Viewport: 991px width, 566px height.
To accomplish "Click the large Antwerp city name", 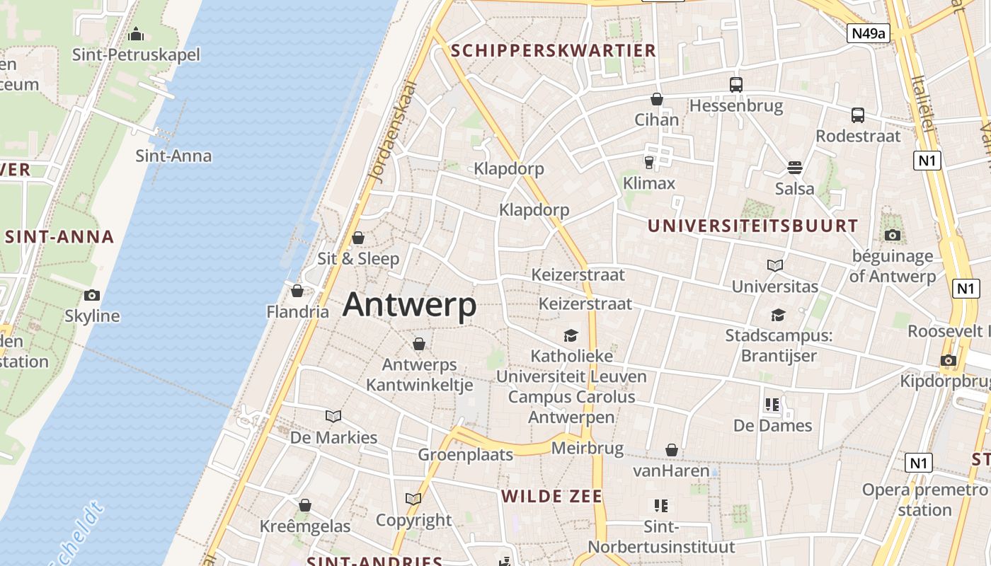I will point(409,305).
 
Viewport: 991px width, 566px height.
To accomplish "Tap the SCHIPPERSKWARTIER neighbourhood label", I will point(554,50).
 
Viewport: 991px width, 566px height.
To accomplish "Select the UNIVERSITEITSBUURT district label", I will point(752,226).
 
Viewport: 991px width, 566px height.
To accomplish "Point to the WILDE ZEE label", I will point(552,496).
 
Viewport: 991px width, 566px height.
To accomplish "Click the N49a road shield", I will point(867,33).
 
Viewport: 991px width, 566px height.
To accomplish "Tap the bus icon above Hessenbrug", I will point(736,85).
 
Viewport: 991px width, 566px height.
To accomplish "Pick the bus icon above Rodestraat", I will point(858,115).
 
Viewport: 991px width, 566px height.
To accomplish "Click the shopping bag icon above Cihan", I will point(657,99).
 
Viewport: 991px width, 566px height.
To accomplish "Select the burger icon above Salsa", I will point(794,168).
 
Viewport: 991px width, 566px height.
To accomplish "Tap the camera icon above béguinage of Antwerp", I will point(892,235).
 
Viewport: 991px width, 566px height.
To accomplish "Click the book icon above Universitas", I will point(775,265).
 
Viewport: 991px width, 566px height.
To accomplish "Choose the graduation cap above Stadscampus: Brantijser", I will point(778,315).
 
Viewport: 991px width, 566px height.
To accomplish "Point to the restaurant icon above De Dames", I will point(772,405).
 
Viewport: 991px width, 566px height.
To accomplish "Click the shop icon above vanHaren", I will point(671,450).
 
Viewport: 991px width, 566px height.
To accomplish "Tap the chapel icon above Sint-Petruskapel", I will point(136,33).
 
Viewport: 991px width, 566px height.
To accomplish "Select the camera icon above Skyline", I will point(91,295).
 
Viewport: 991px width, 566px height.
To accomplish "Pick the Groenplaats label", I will point(465,454).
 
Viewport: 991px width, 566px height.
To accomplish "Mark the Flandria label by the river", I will point(297,311).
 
